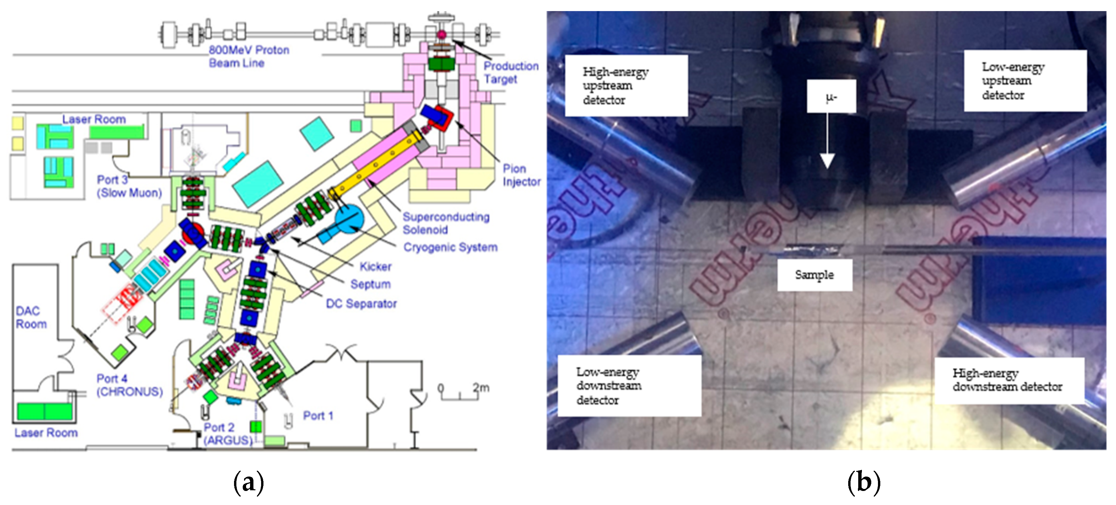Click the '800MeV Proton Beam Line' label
(x=249, y=56)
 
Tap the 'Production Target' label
(x=511, y=72)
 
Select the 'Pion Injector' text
(x=521, y=175)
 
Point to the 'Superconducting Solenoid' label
(x=446, y=223)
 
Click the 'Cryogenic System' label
(x=450, y=247)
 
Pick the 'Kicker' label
(x=375, y=267)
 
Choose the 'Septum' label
(x=370, y=284)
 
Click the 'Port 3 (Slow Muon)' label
(x=129, y=186)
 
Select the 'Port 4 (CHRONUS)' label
(x=129, y=385)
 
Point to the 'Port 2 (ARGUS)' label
(x=228, y=434)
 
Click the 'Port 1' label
(x=318, y=416)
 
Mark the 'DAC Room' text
(x=31, y=317)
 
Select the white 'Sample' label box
(x=814, y=275)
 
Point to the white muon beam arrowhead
(x=827, y=161)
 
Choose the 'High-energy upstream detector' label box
(x=626, y=85)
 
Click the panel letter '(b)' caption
(x=864, y=482)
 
